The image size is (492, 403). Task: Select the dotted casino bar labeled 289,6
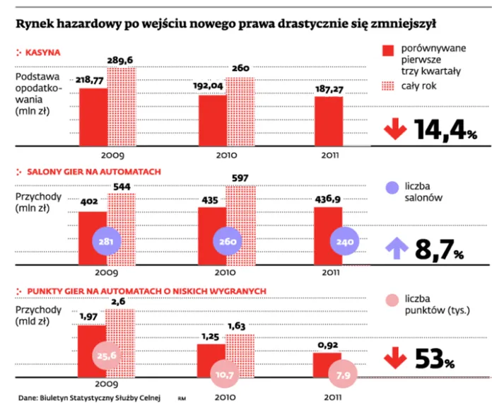[x=121, y=107]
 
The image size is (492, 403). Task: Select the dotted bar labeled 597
[x=240, y=219]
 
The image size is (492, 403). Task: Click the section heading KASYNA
[x=42, y=53]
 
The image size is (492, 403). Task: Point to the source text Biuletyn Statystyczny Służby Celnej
[x=99, y=397]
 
